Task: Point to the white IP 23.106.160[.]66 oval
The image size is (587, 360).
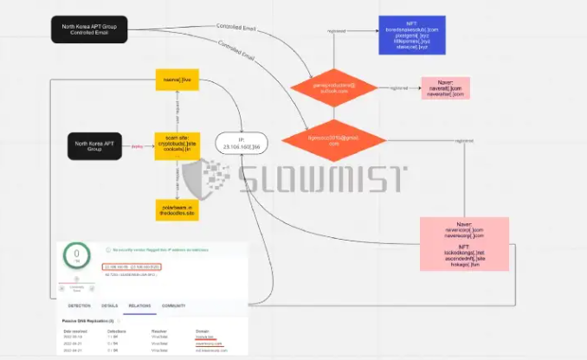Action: (x=241, y=143)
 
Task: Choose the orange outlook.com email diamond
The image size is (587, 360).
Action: (x=333, y=89)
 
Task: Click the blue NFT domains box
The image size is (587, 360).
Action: (x=412, y=35)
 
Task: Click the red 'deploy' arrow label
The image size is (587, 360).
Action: (x=136, y=146)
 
